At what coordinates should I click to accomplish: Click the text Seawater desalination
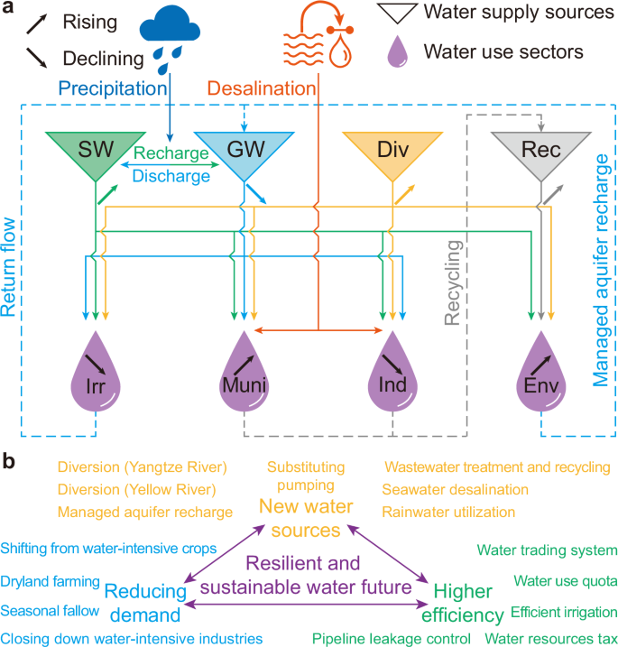coord(455,489)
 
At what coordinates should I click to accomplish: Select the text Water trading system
coord(547,550)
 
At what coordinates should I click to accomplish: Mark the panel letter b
coord(9,461)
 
